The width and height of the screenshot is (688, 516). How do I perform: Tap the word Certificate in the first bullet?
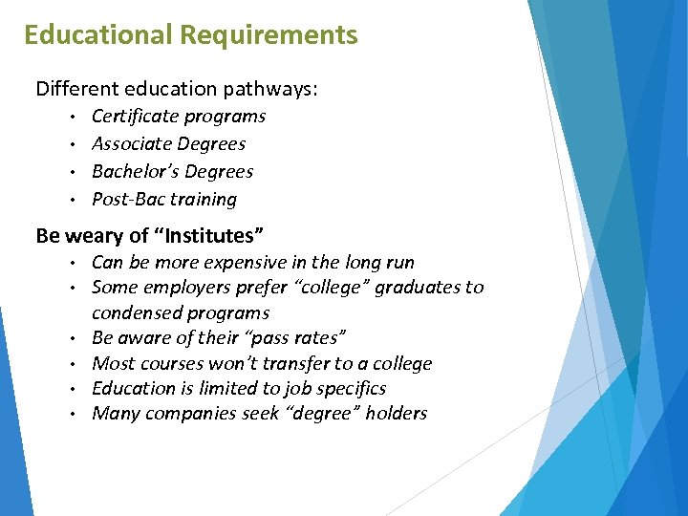(x=133, y=117)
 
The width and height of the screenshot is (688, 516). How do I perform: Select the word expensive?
(x=244, y=263)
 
